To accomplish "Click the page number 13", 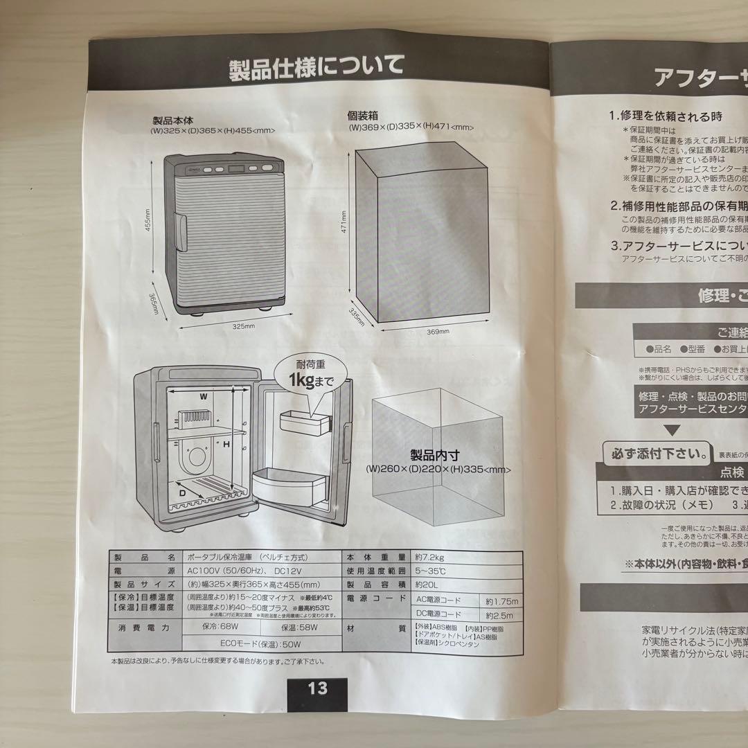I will (318, 688).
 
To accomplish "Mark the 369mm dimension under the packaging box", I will (437, 331).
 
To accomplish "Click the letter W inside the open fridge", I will (203, 397).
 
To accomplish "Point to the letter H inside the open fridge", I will (226, 444).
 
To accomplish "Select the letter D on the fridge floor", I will (183, 492).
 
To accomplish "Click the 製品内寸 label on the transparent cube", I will (435, 456).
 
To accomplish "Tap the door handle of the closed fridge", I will (181, 229).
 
